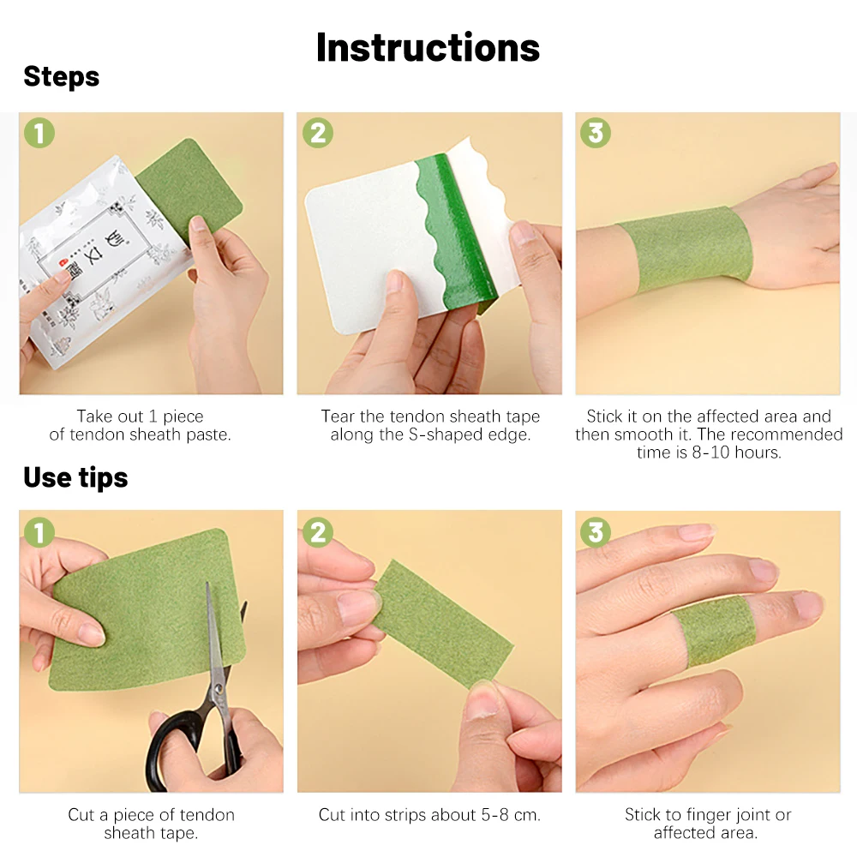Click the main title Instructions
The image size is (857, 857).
[x=428, y=47]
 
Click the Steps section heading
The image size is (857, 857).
[x=61, y=77]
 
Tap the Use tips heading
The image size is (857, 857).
[x=75, y=477]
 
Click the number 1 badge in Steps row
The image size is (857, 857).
[x=39, y=133]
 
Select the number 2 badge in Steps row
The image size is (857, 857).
[x=318, y=133]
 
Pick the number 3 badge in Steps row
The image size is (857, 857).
[x=596, y=133]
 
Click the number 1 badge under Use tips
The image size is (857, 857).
[x=39, y=532]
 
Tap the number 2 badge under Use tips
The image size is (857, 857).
[x=318, y=532]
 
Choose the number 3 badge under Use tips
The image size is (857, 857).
[x=596, y=532]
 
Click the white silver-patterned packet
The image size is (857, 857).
[x=77, y=257]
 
